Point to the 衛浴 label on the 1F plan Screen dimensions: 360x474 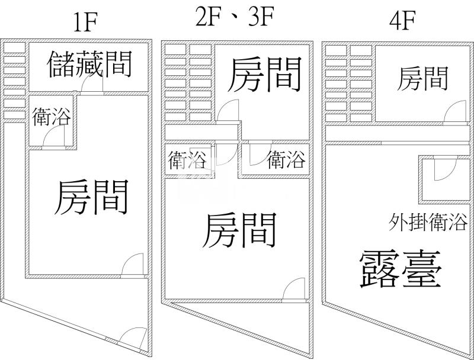click(52, 117)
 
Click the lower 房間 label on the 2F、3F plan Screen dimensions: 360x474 click(240, 231)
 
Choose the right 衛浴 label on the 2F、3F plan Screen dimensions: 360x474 click(286, 160)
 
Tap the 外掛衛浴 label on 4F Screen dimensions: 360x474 click(428, 223)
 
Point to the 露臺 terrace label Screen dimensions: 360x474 click(401, 269)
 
